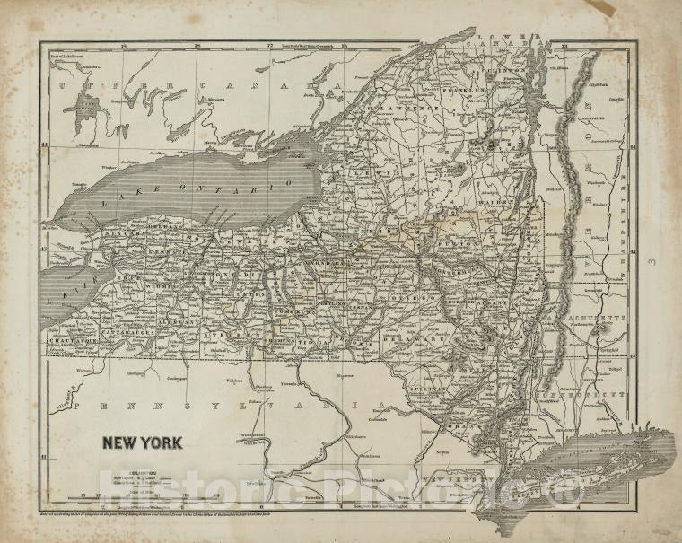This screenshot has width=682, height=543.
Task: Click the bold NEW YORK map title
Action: (141, 442)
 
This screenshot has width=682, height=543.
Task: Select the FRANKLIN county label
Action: (468, 91)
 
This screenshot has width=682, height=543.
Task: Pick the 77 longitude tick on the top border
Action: (271, 43)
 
